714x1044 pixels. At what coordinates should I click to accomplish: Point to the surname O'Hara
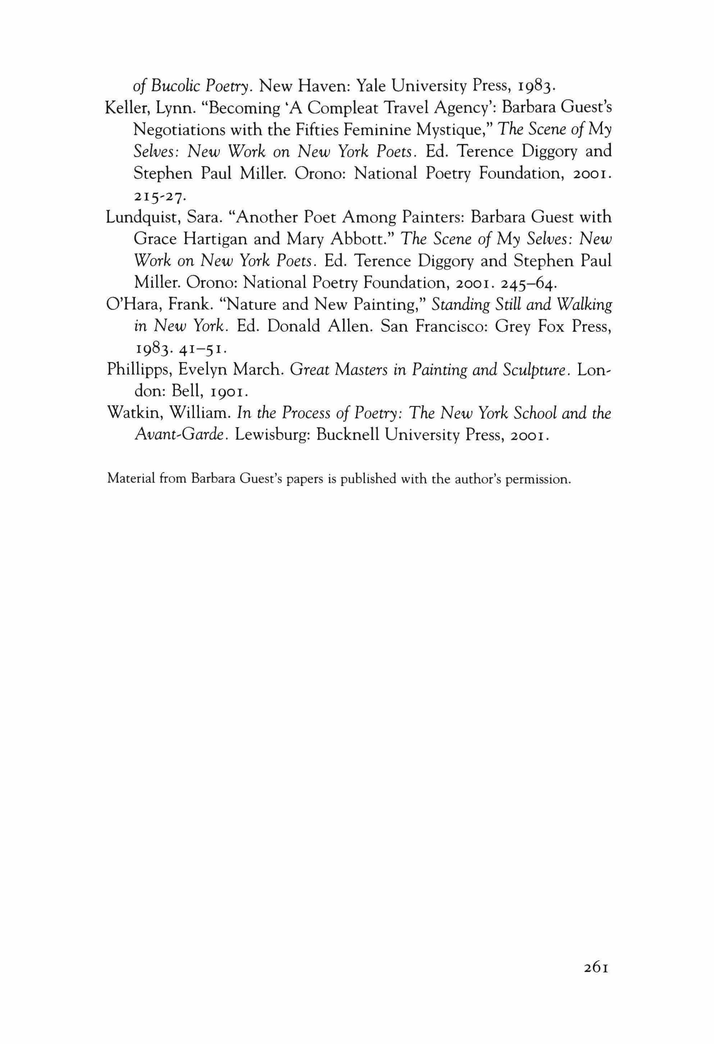[134, 304]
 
